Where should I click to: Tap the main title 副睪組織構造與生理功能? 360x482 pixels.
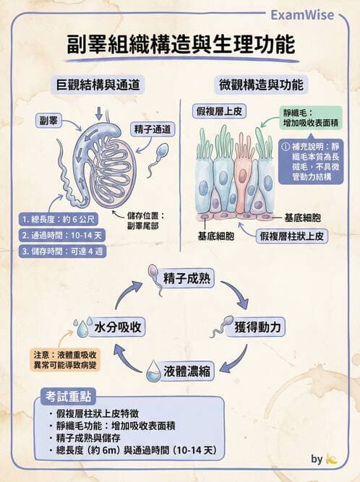180,45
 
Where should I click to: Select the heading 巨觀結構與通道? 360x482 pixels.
97,85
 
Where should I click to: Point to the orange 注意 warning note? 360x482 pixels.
66,360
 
